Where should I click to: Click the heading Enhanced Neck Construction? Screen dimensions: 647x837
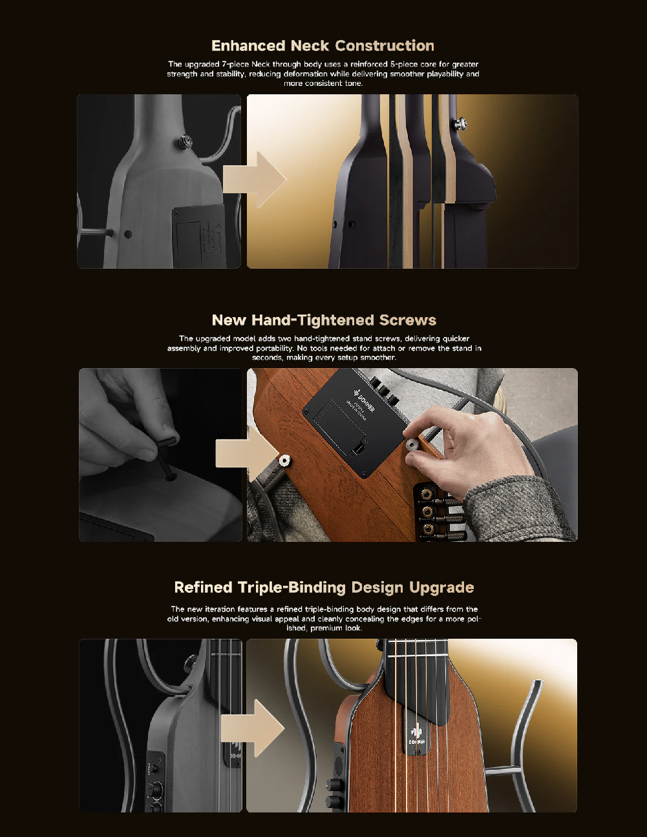pyautogui.click(x=323, y=45)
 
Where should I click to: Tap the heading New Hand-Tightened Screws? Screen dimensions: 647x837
pyautogui.click(x=324, y=320)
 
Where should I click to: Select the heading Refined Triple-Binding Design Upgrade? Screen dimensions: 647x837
pyautogui.click(x=324, y=588)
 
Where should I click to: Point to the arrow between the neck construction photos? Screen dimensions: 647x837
pyautogui.click(x=254, y=180)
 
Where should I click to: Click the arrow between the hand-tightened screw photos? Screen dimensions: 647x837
pyautogui.click(x=248, y=455)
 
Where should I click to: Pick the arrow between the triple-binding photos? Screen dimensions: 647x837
pyautogui.click(x=253, y=728)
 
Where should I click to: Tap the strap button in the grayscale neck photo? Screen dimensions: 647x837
pyautogui.click(x=186, y=141)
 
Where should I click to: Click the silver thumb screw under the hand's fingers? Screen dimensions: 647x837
pyautogui.click(x=412, y=445)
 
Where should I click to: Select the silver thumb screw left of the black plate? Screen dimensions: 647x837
pyautogui.click(x=285, y=460)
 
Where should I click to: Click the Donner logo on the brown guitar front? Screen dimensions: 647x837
pyautogui.click(x=416, y=735)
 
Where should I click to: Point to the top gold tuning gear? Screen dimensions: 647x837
pyautogui.click(x=426, y=494)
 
